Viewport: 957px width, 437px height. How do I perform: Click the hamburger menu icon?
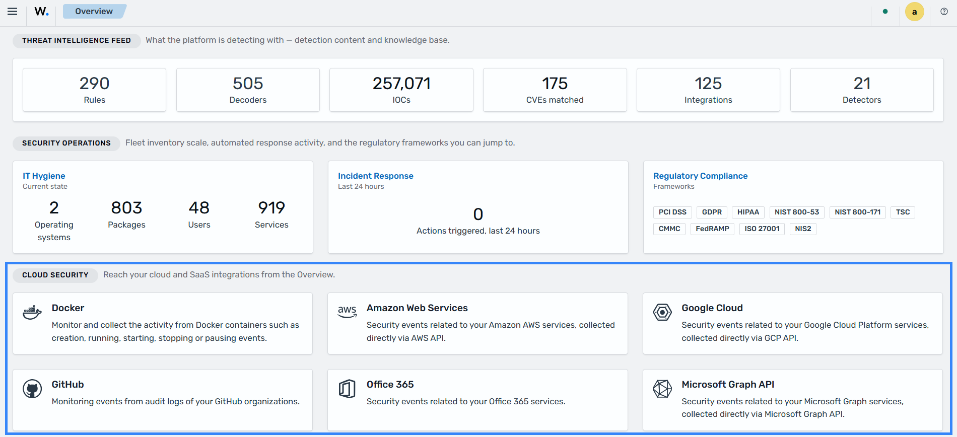[13, 12]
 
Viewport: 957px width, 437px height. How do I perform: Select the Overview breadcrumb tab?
[94, 11]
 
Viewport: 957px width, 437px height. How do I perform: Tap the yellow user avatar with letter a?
[914, 12]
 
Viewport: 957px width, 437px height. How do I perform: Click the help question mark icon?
[944, 12]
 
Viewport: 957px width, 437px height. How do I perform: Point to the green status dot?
[885, 12]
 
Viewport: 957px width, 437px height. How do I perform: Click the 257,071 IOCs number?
[401, 83]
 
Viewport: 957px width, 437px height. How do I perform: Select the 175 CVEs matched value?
[555, 83]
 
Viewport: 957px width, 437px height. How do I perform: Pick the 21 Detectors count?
[862, 83]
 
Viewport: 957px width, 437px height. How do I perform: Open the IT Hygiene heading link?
[44, 176]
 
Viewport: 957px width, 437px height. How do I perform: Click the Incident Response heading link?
[376, 176]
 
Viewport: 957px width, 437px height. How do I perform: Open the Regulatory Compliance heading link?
[700, 176]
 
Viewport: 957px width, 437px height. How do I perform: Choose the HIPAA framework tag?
[748, 212]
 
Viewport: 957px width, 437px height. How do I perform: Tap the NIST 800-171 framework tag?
[857, 212]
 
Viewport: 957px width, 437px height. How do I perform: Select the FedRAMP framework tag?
[712, 229]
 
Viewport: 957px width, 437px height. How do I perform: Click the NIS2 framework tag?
[803, 229]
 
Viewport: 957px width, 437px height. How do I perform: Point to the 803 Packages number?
[126, 207]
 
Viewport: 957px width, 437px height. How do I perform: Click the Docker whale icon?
[32, 312]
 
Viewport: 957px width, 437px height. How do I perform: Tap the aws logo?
[347, 312]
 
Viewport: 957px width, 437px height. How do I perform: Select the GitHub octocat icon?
[32, 389]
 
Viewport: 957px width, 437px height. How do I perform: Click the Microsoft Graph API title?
[728, 384]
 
